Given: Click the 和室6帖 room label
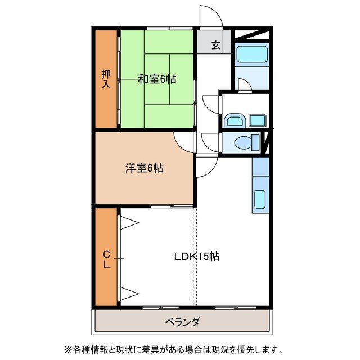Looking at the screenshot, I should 157,79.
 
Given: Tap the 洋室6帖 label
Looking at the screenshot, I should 144,168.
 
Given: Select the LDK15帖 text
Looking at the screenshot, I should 196,256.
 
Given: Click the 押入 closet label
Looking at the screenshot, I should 106,79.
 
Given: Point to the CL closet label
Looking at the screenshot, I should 106,259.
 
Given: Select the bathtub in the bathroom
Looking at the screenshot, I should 251,55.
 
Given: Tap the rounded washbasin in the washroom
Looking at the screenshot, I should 233,120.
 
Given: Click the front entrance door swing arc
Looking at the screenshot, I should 211,16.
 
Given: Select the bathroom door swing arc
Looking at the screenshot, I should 244,85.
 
